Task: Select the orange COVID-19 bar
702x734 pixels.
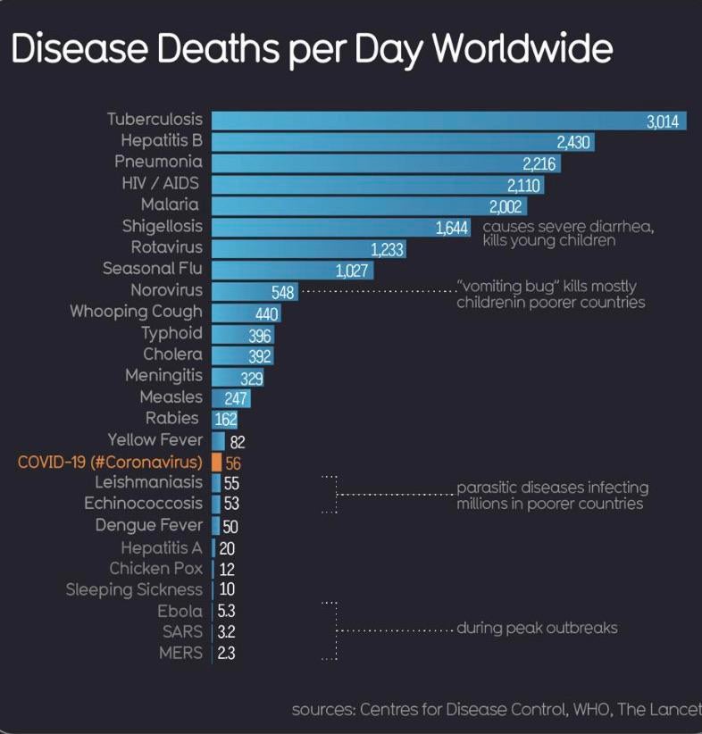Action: pos(216,462)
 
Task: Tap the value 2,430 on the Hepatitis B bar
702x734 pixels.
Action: pos(573,142)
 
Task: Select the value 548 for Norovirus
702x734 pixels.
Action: pos(282,291)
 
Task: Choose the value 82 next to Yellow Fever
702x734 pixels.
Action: pos(238,441)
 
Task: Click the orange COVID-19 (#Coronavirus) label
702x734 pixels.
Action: pos(110,462)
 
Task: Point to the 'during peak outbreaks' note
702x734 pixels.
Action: pos(537,628)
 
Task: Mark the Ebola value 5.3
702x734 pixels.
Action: pos(226,612)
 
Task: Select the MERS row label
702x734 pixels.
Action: pos(180,653)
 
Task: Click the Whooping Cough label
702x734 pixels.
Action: pos(137,312)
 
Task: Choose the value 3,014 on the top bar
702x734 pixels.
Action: pos(663,121)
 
